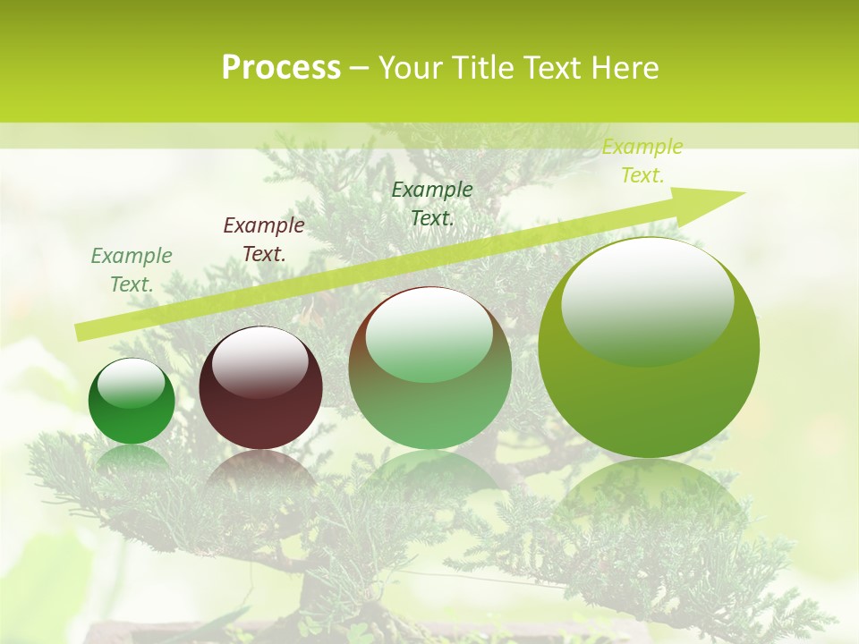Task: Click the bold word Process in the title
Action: pyautogui.click(x=281, y=68)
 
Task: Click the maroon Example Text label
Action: pyautogui.click(x=264, y=240)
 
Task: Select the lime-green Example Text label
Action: pyautogui.click(x=642, y=161)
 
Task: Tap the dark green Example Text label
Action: pyautogui.click(x=432, y=203)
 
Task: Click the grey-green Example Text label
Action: pyautogui.click(x=132, y=270)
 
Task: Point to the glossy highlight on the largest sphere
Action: pyautogui.click(x=648, y=301)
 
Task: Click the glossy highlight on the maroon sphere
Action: pyautogui.click(x=260, y=361)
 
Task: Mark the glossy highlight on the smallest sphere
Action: pyautogui.click(x=131, y=384)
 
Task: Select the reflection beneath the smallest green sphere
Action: pyautogui.click(x=132, y=457)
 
